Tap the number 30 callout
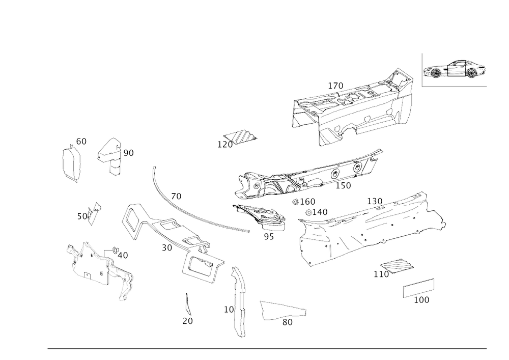129,152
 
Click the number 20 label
187,321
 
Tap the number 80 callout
288,322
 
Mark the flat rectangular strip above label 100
418,288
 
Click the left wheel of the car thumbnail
436,74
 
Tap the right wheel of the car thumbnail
473,74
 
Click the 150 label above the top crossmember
335,85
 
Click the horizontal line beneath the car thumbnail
455,87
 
